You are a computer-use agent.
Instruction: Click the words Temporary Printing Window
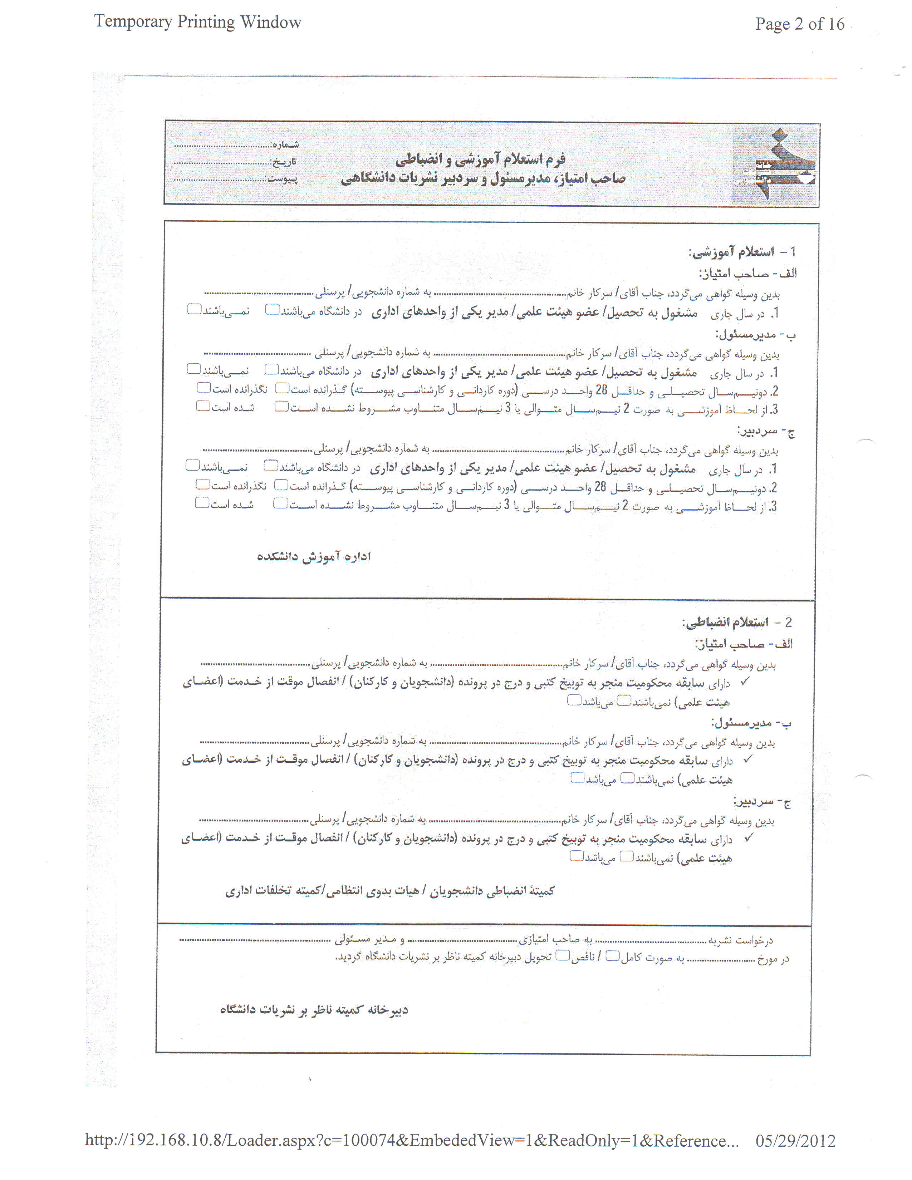pos(198,22)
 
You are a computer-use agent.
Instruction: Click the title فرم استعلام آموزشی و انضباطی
pos(480,159)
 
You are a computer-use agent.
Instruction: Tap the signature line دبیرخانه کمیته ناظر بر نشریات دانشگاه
pos(314,1009)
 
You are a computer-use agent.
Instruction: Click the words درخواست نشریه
pos(740,941)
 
